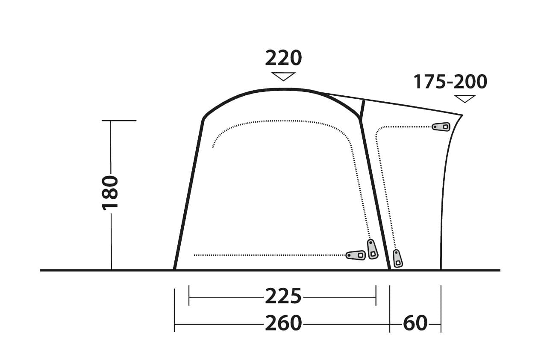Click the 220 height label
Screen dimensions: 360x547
tap(283, 59)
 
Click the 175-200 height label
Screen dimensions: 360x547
tap(450, 82)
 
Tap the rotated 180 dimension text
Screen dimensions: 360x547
tap(110, 192)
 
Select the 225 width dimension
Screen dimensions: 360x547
tap(283, 296)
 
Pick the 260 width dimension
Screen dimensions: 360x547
tap(283, 324)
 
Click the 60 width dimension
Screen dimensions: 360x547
tap(415, 324)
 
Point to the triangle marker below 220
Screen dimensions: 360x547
tap(283, 76)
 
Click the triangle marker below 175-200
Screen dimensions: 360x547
tap(465, 98)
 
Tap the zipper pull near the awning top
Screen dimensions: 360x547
tap(441, 127)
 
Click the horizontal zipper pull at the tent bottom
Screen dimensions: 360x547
tap(356, 255)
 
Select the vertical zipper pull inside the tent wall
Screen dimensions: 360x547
tap(372, 249)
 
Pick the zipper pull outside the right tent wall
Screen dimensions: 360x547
tap(397, 258)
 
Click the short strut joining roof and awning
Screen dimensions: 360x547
tap(362, 110)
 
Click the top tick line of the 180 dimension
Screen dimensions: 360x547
tap(119, 121)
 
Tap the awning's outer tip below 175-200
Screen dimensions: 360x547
tap(462, 115)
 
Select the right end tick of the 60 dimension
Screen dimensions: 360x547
tap(441, 309)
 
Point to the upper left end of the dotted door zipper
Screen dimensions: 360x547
tap(213, 148)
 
